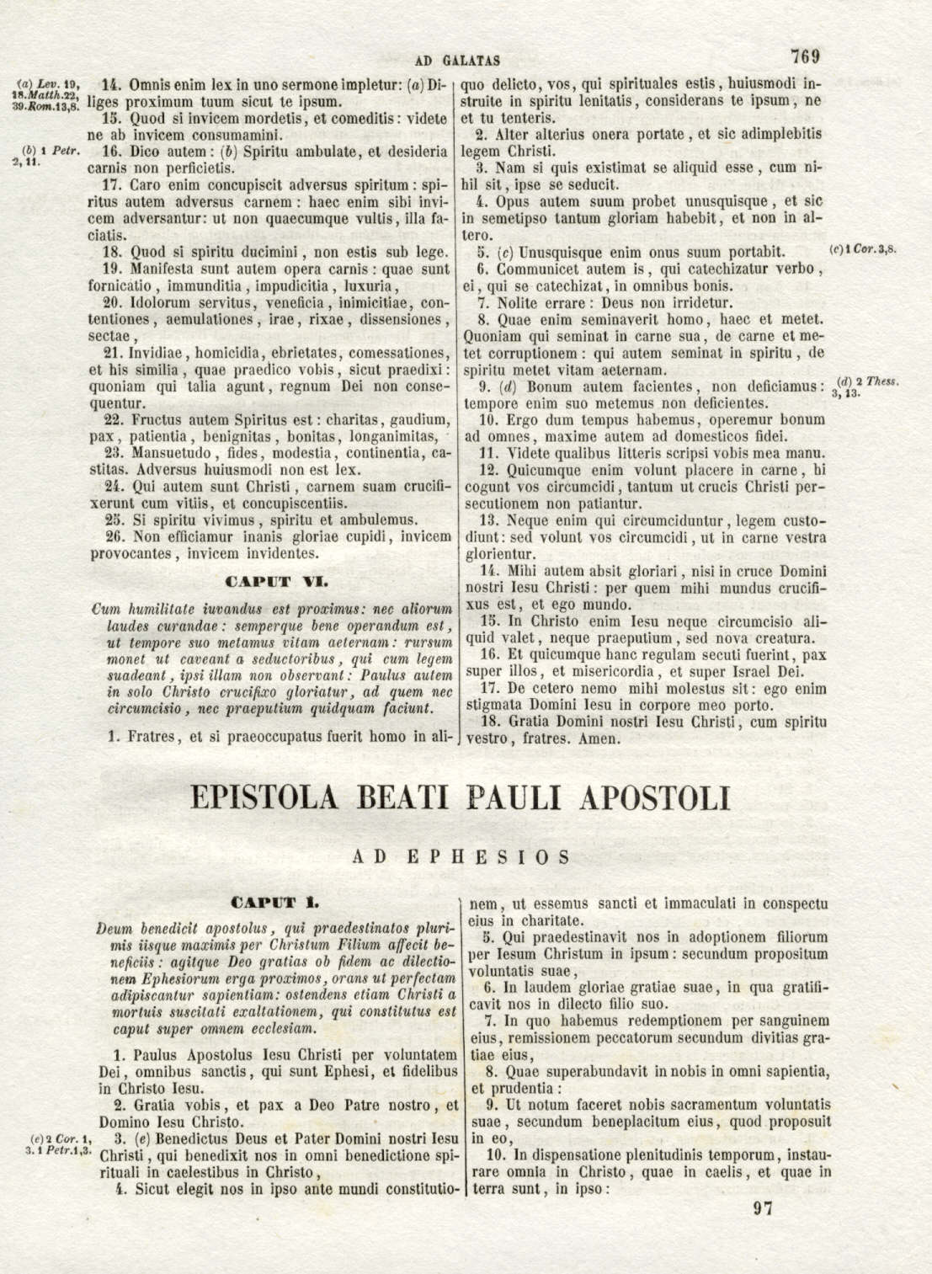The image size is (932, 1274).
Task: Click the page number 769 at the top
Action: coord(805,57)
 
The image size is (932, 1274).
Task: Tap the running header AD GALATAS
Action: coord(459,61)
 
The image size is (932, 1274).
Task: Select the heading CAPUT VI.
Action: coord(271,581)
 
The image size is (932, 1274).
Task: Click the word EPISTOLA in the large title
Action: coord(278,798)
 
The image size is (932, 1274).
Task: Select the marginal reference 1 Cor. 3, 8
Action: coord(863,250)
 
